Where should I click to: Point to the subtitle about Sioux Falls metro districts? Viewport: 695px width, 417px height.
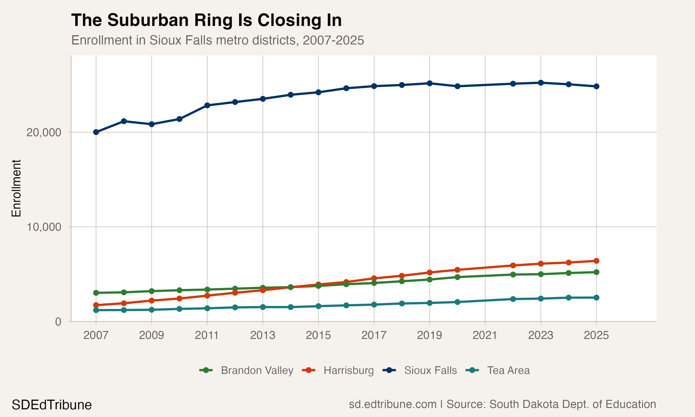218,40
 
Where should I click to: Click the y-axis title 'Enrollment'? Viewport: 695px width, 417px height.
16,188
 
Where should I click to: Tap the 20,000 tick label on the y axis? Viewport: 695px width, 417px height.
44,132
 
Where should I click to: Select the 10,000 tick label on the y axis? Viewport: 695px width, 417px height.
44,227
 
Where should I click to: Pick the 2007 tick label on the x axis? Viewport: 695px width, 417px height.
96,335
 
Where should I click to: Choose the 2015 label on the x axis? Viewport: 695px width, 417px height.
318,335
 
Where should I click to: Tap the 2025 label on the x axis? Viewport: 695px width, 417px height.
596,335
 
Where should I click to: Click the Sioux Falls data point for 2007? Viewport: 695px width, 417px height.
96,132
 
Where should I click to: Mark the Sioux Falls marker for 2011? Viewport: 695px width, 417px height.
207,105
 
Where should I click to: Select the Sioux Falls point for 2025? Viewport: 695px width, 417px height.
596,86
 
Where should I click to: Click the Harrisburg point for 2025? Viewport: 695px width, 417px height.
596,261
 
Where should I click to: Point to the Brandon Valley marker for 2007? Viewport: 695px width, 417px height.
96,293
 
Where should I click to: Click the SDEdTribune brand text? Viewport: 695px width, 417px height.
52,405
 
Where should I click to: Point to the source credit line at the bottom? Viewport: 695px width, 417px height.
502,404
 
